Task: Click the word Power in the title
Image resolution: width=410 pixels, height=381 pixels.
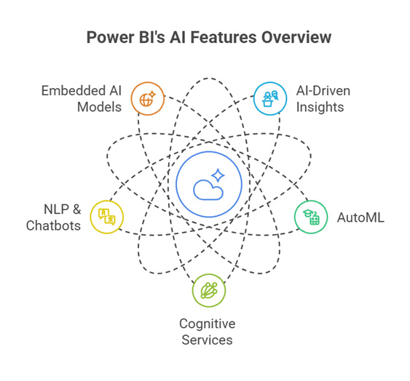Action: click(111, 37)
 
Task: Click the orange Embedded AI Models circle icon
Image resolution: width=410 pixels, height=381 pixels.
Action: click(148, 98)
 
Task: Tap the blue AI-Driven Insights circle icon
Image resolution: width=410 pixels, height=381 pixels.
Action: click(270, 98)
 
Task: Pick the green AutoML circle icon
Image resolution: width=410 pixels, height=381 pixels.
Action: click(311, 217)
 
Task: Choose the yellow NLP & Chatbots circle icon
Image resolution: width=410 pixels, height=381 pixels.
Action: click(106, 217)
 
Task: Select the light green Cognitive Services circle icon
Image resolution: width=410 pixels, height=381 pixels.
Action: click(209, 290)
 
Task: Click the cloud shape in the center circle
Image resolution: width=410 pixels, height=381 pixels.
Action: click(208, 190)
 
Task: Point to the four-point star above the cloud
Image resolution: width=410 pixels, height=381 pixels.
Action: click(218, 175)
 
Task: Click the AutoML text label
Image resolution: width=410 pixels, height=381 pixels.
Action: click(360, 217)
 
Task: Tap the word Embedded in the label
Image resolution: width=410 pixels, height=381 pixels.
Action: click(70, 91)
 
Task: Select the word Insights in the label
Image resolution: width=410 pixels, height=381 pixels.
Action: click(320, 108)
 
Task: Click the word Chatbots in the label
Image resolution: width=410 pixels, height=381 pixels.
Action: click(53, 225)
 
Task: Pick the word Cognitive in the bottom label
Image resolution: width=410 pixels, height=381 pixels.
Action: click(208, 324)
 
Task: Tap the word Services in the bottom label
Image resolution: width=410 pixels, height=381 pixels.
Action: click(207, 340)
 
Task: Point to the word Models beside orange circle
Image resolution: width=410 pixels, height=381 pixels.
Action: click(99, 107)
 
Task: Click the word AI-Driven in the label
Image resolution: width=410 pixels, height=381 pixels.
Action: click(323, 91)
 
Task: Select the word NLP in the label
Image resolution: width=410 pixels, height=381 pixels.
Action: click(57, 209)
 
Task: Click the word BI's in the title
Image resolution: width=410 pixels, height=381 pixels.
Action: click(152, 37)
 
